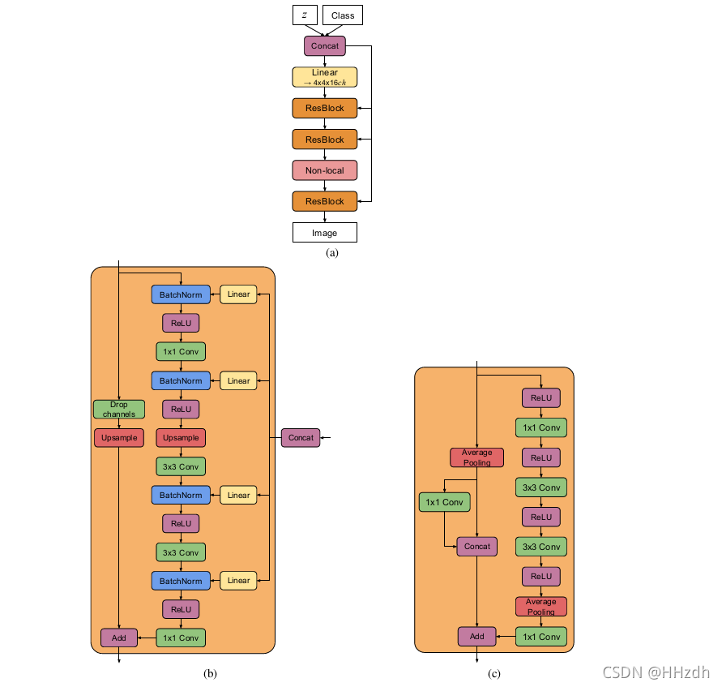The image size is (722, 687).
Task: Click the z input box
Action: coord(304,15)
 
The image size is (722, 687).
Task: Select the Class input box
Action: coord(343,15)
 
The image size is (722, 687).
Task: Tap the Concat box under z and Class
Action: coord(325,45)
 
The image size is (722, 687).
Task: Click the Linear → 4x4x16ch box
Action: coord(325,77)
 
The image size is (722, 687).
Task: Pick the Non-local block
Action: coord(325,170)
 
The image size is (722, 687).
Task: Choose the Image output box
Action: coord(325,233)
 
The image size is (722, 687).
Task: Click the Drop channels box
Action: coord(119,409)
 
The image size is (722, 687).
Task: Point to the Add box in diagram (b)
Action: coord(119,638)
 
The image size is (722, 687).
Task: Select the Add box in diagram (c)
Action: coord(477,637)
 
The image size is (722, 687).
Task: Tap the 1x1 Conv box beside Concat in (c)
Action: coord(444,503)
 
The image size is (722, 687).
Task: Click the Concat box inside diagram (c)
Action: coord(477,547)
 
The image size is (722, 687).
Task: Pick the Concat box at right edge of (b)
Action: coord(301,437)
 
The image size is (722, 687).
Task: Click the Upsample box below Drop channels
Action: coord(119,437)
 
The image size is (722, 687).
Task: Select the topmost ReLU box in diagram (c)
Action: coord(541,397)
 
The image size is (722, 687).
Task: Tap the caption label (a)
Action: coord(331,253)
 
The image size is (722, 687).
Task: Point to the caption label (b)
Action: coord(211,673)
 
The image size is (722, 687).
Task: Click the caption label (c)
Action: coord(494,673)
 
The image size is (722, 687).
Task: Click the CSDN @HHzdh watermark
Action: coord(656,672)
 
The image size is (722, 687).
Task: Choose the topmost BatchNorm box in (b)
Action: coord(181,294)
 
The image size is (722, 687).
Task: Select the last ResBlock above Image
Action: coord(325,201)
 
